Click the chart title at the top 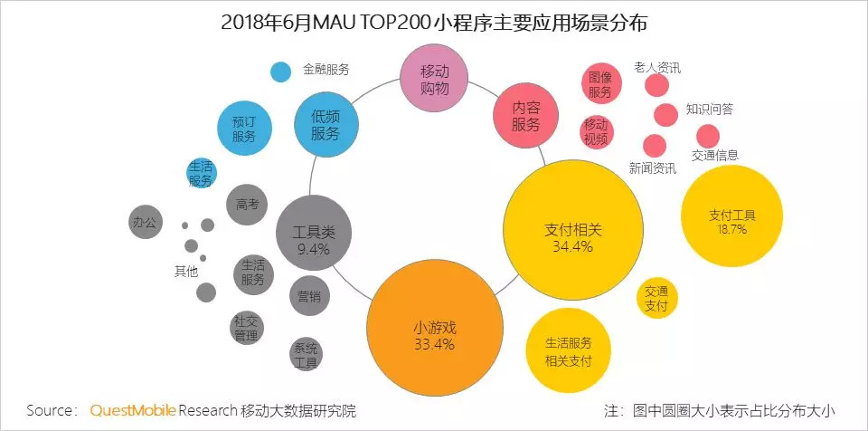[434, 23]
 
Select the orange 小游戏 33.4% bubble [434, 332]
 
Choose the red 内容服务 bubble [525, 117]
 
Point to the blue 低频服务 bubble [326, 124]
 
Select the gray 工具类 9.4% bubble [312, 237]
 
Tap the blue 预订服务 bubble [244, 128]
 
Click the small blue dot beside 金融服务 [280, 71]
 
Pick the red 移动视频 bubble [596, 130]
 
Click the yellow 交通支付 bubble [656, 299]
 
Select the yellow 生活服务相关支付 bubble [568, 352]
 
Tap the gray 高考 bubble [247, 204]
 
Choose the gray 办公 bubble [145, 221]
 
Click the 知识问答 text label [709, 110]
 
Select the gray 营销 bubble [308, 295]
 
